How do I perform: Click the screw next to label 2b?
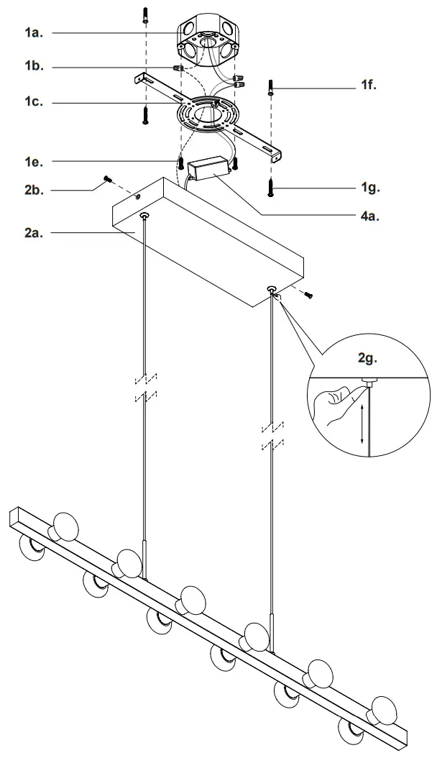108,178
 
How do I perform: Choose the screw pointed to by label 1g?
271,188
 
